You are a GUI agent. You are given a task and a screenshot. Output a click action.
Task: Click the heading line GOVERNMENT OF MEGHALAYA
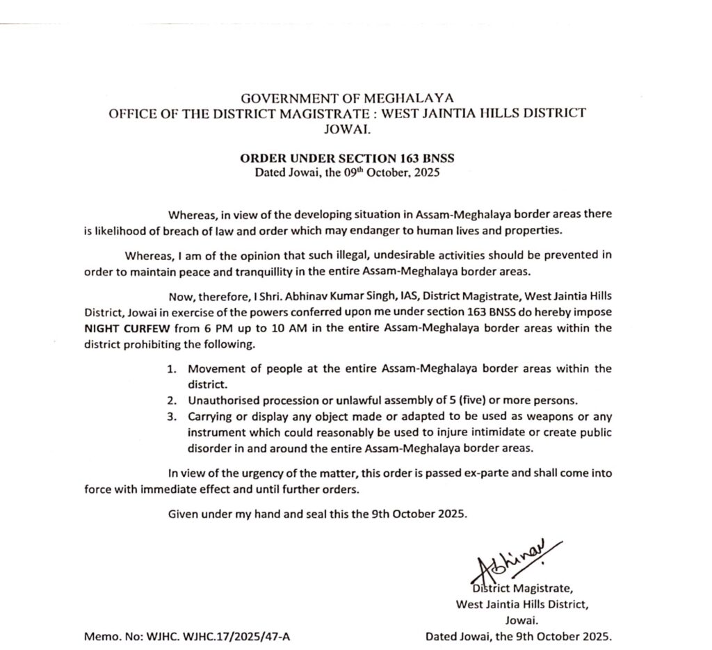tap(346, 98)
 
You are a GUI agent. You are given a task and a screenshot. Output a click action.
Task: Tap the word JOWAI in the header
tap(346, 129)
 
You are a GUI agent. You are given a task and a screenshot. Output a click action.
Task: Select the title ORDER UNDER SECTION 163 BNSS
tap(346, 159)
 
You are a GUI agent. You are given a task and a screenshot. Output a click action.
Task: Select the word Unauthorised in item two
tap(221, 401)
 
